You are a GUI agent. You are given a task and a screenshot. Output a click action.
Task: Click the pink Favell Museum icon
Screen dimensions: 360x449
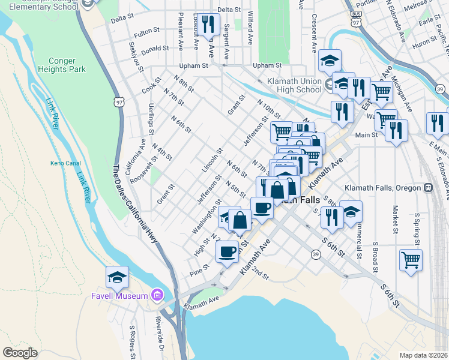[x=157, y=295]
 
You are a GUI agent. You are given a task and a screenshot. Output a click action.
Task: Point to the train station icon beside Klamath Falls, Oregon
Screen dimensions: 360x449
[x=428, y=188]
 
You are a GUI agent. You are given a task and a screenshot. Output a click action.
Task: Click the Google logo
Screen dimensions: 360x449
[x=20, y=353]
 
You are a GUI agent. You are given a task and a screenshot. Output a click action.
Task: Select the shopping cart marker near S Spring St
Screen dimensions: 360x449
[x=411, y=260]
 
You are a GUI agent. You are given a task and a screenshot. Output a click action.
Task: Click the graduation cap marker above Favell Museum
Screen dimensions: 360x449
[x=117, y=277]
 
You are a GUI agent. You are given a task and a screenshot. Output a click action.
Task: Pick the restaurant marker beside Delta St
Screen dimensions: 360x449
[x=208, y=25]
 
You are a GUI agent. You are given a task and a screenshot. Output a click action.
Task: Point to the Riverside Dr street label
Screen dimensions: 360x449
[x=160, y=334]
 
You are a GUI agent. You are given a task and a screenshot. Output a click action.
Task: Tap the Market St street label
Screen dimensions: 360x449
[x=396, y=218]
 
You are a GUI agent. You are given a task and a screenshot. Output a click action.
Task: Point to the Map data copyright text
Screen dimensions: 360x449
[x=423, y=355]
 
